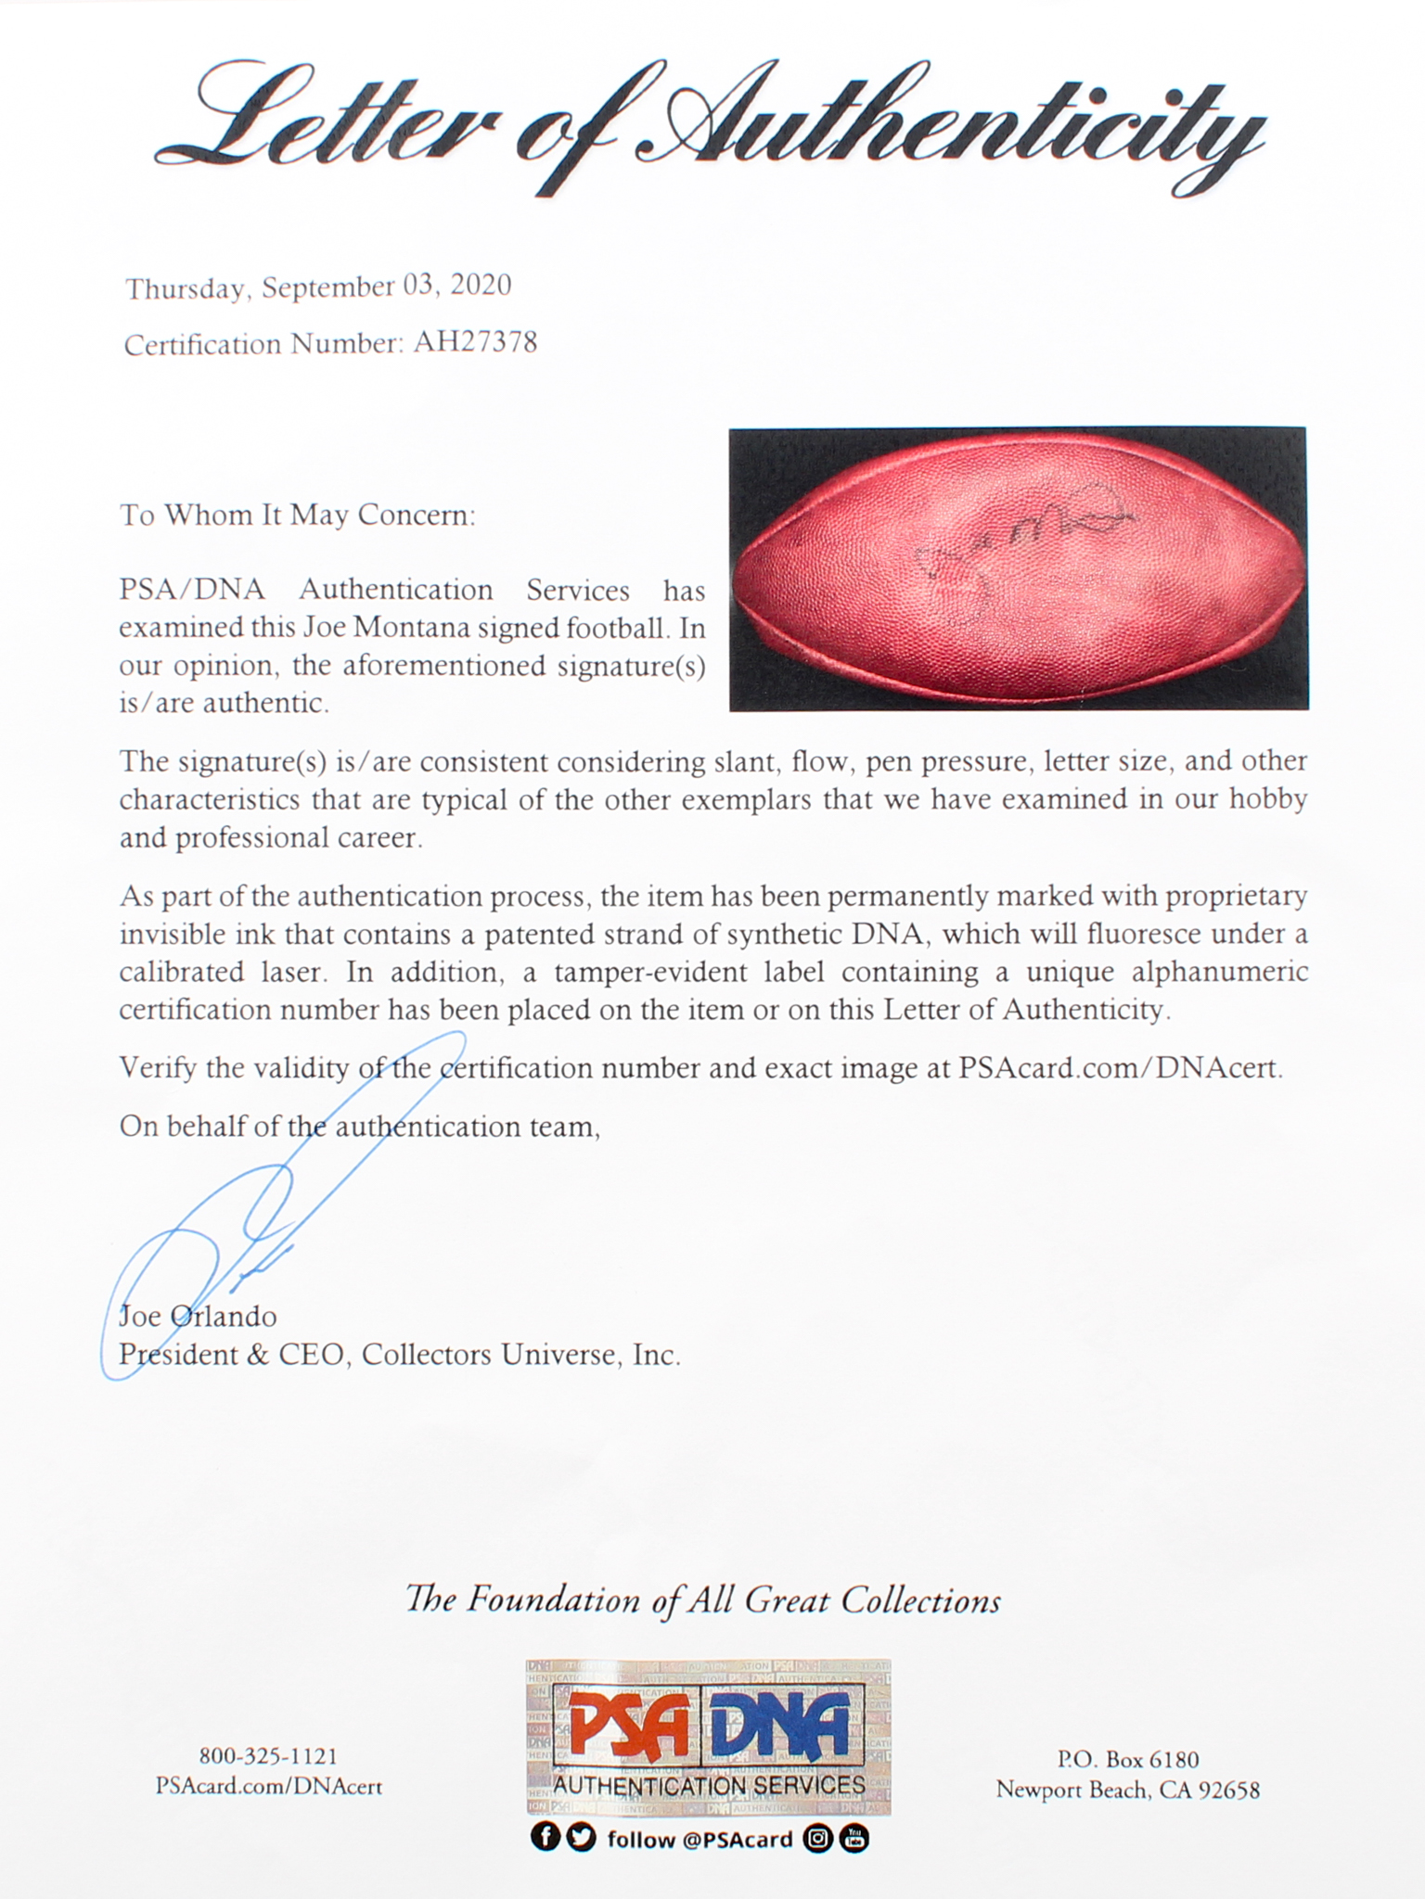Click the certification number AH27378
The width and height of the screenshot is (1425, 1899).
click(x=474, y=343)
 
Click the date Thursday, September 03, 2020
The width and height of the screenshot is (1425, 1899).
click(x=318, y=287)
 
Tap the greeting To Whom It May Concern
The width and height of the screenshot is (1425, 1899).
click(x=297, y=515)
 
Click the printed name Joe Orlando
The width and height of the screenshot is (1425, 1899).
click(x=198, y=1316)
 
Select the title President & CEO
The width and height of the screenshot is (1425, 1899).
click(x=232, y=1355)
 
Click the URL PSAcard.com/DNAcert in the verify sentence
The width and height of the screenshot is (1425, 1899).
click(x=1119, y=1068)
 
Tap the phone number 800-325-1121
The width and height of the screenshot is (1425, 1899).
click(x=268, y=1756)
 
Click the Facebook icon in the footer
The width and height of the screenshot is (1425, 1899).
click(x=545, y=1838)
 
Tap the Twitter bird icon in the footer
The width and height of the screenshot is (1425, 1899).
click(x=581, y=1838)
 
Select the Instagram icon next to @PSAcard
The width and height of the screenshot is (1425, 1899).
click(x=817, y=1838)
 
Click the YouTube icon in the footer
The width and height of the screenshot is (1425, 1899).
click(x=854, y=1838)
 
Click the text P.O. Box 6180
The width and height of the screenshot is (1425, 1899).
click(x=1127, y=1759)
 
